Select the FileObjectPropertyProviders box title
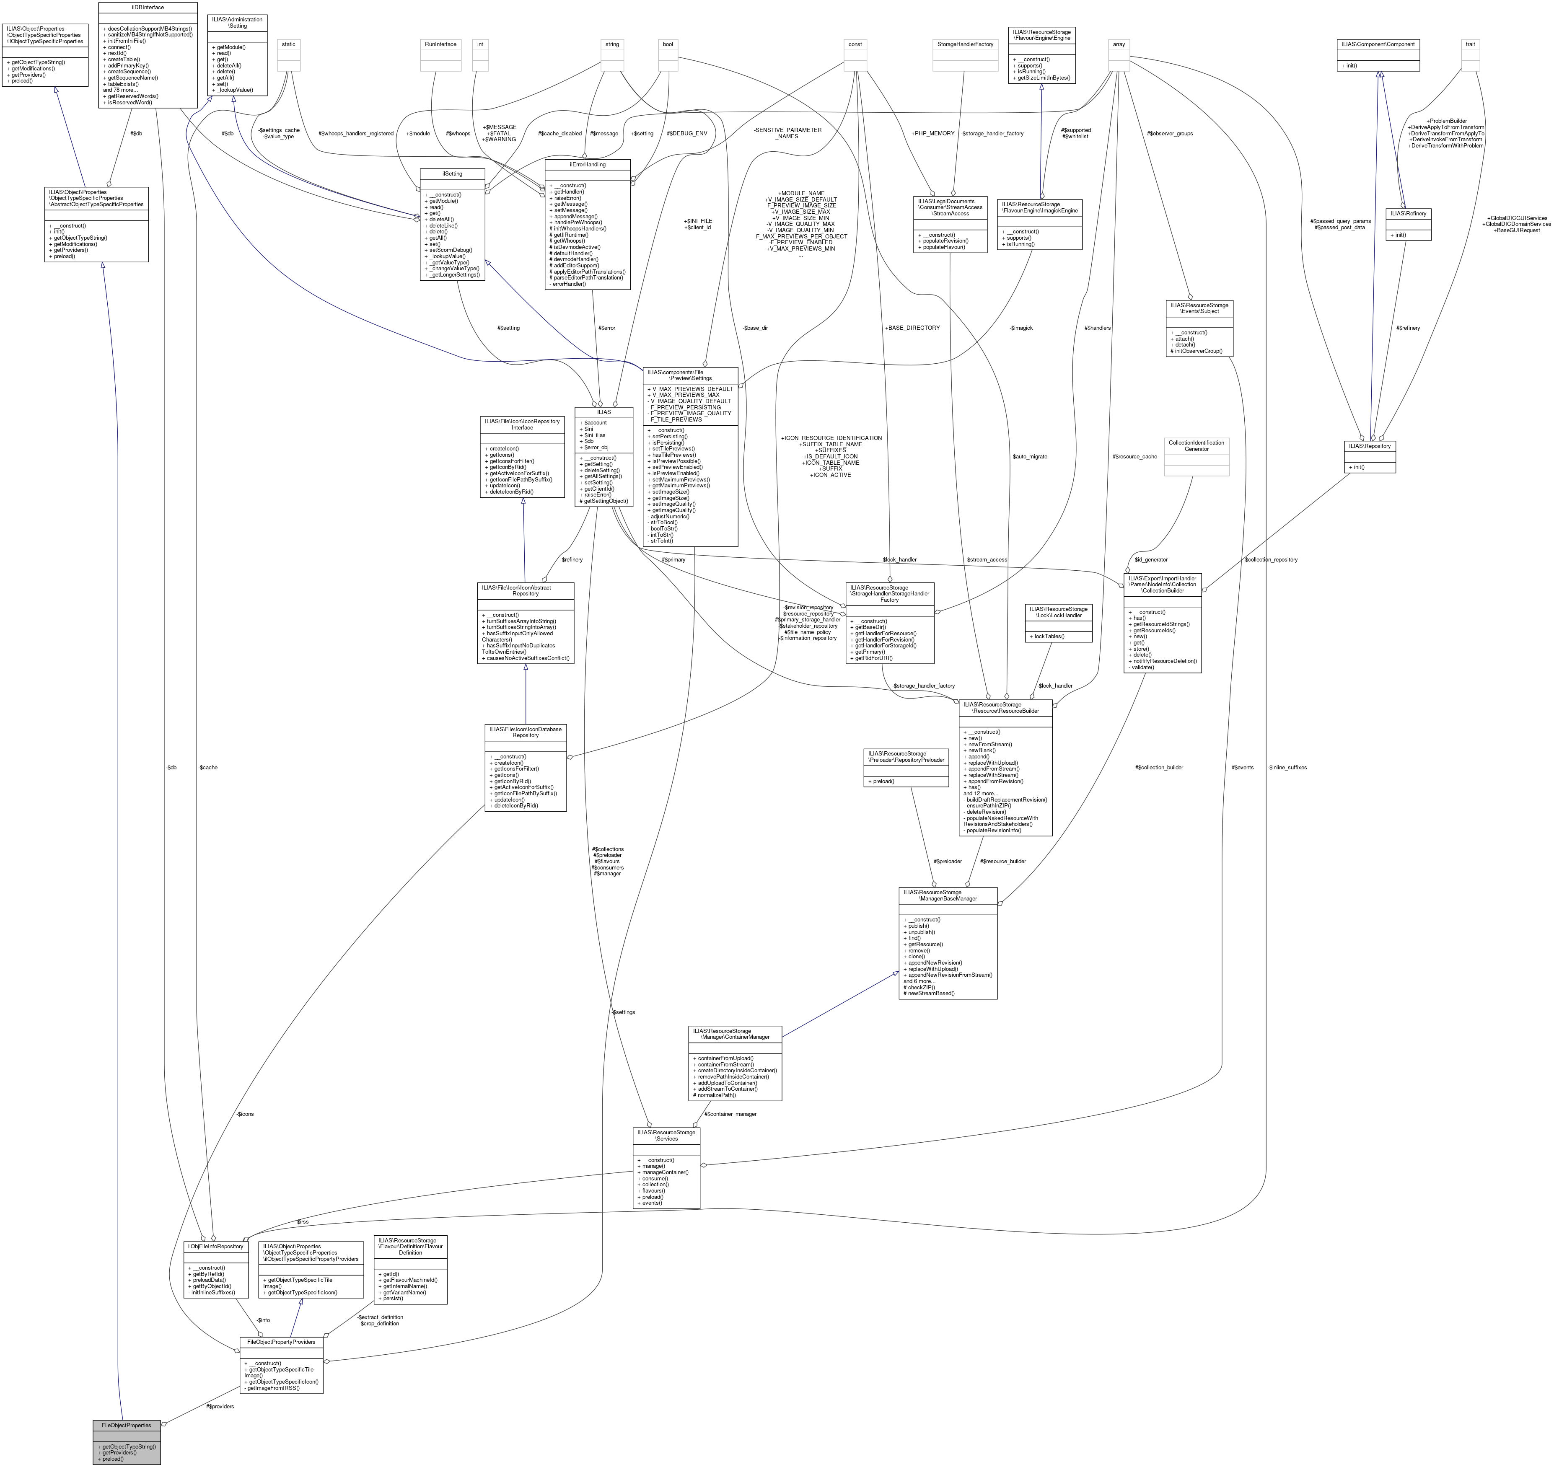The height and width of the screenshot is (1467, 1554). [x=281, y=1341]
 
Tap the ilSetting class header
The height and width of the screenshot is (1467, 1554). [x=452, y=173]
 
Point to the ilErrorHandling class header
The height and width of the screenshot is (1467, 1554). [x=587, y=164]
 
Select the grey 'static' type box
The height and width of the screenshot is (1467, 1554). [x=289, y=44]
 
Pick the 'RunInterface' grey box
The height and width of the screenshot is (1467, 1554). [x=440, y=44]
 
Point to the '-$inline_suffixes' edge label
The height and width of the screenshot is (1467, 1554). [x=1287, y=767]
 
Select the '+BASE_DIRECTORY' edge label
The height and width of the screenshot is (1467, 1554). [x=912, y=328]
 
